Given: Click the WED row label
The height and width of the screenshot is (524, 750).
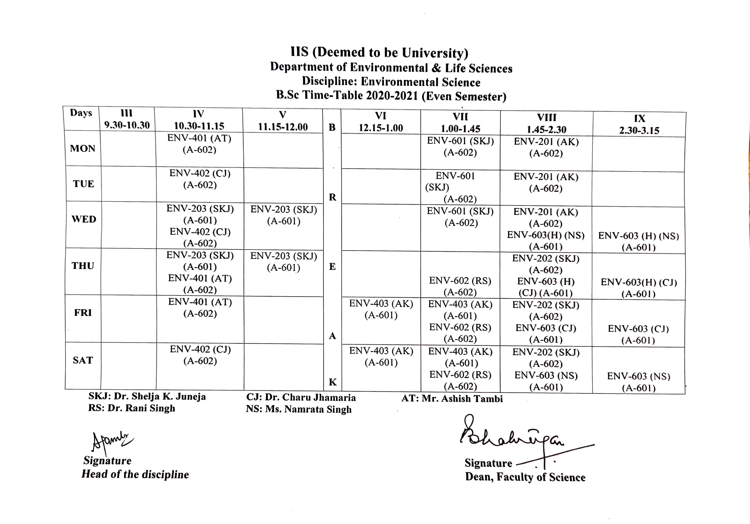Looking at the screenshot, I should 84,219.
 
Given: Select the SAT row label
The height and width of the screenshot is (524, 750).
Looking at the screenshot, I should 83,360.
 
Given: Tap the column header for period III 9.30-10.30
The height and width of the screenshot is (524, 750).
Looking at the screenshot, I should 127,119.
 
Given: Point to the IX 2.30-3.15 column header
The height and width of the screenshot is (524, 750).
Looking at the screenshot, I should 639,124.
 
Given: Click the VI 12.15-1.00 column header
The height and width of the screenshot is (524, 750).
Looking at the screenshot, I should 381,122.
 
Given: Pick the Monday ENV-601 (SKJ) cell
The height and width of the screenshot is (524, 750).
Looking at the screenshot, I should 460,147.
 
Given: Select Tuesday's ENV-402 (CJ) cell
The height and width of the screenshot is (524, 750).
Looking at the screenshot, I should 200,179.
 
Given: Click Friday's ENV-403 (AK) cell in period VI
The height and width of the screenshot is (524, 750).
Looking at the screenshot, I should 381,309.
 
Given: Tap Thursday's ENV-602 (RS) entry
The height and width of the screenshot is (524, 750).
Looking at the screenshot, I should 460,286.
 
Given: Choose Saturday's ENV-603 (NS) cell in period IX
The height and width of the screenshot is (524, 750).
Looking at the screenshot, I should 639,382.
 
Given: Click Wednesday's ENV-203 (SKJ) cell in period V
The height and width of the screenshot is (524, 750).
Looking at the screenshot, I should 284,215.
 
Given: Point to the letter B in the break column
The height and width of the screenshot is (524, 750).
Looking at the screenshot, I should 332,128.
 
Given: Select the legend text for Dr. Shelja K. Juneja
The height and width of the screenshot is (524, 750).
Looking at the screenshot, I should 147,396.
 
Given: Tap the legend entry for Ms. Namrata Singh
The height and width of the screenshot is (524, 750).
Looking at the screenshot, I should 299,409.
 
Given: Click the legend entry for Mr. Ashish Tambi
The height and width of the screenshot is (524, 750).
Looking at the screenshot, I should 452,399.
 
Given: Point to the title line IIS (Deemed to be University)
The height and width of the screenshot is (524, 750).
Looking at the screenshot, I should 379,53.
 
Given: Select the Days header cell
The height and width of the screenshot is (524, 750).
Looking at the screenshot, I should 81,113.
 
